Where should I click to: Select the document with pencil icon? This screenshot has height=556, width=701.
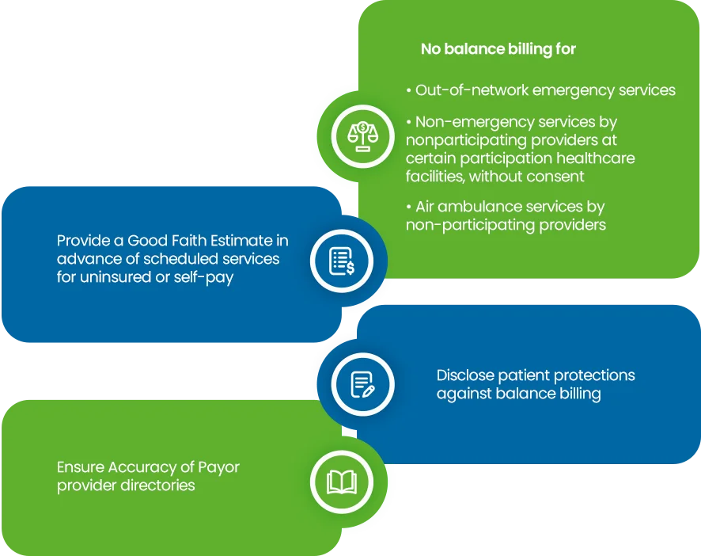pyautogui.click(x=362, y=384)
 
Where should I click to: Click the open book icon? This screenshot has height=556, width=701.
pyautogui.click(x=341, y=482)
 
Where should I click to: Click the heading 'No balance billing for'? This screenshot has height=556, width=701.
pyautogui.click(x=498, y=49)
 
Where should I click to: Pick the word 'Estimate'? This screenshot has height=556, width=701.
pyautogui.click(x=215, y=240)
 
